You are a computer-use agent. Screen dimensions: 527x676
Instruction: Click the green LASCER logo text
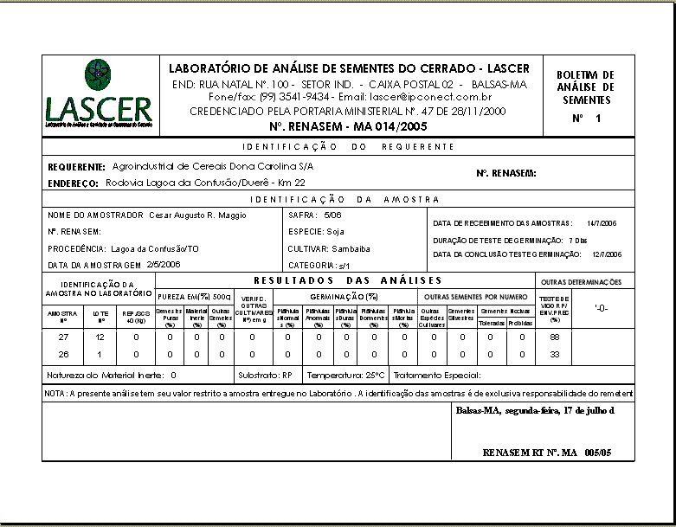tap(99, 110)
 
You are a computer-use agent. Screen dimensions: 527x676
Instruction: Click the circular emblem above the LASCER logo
tap(97, 74)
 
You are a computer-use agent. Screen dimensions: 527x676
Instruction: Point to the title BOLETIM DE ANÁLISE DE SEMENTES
tap(585, 87)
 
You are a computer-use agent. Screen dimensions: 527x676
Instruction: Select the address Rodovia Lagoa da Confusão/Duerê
tap(205, 183)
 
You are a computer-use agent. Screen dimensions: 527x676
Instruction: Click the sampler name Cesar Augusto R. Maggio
tap(199, 214)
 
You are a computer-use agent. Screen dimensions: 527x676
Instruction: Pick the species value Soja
tap(335, 231)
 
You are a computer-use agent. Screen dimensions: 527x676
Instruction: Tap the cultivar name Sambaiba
tap(351, 248)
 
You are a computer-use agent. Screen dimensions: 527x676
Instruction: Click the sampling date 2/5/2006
tap(164, 264)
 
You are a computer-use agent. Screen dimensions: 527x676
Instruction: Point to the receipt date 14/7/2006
tap(601, 222)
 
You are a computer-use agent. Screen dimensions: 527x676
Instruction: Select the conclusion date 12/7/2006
tap(607, 254)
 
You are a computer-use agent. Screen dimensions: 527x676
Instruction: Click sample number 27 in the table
tap(63, 337)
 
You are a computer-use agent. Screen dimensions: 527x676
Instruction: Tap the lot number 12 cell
tap(100, 337)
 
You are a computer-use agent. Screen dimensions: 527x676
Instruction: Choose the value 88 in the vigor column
tap(555, 337)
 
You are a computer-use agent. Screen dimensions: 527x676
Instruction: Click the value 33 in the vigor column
tap(555, 354)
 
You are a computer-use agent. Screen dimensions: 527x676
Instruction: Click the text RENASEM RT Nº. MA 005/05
tap(547, 453)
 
